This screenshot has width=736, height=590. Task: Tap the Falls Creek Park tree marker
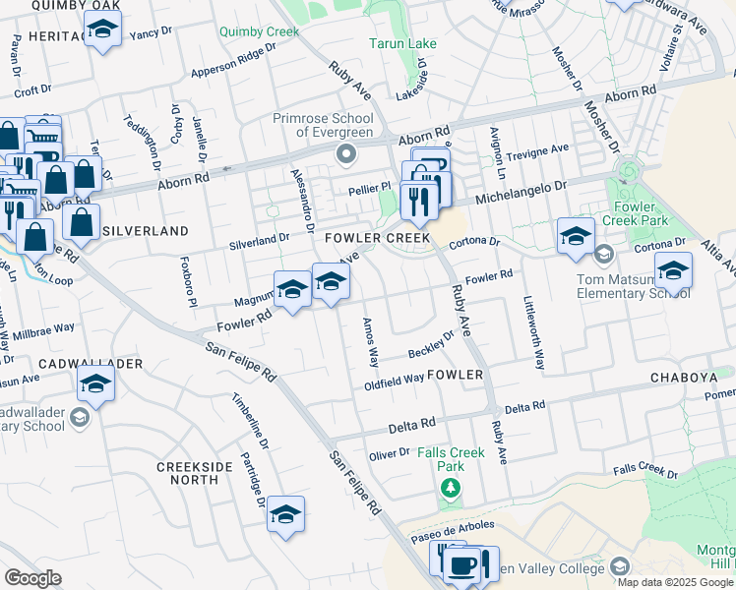(451, 488)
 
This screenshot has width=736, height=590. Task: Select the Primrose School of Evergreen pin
(345, 154)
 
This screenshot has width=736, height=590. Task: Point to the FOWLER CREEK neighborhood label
(378, 238)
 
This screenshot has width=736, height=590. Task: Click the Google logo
(33, 577)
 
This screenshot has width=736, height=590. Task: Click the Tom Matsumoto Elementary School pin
(603, 255)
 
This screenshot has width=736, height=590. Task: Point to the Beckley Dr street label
(430, 345)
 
